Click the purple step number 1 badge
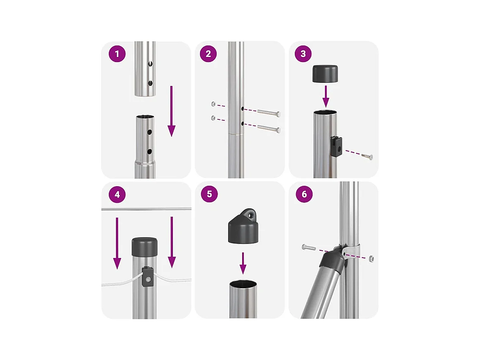[117, 54]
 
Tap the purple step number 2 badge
[208, 54]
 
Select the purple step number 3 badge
[303, 54]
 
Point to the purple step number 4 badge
[117, 195]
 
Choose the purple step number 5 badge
[209, 194]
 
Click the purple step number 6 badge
[304, 194]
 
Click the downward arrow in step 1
[172, 111]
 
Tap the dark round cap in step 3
[325, 74]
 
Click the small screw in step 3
[367, 156]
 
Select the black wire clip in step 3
[336, 147]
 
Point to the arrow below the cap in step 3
[326, 96]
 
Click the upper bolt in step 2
[269, 113]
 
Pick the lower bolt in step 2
[269, 128]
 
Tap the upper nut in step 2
[213, 104]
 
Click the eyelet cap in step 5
[243, 227]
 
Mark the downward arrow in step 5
[243, 263]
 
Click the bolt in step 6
[309, 247]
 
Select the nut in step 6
[371, 258]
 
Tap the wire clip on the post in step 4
[147, 276]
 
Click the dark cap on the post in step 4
[145, 247]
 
